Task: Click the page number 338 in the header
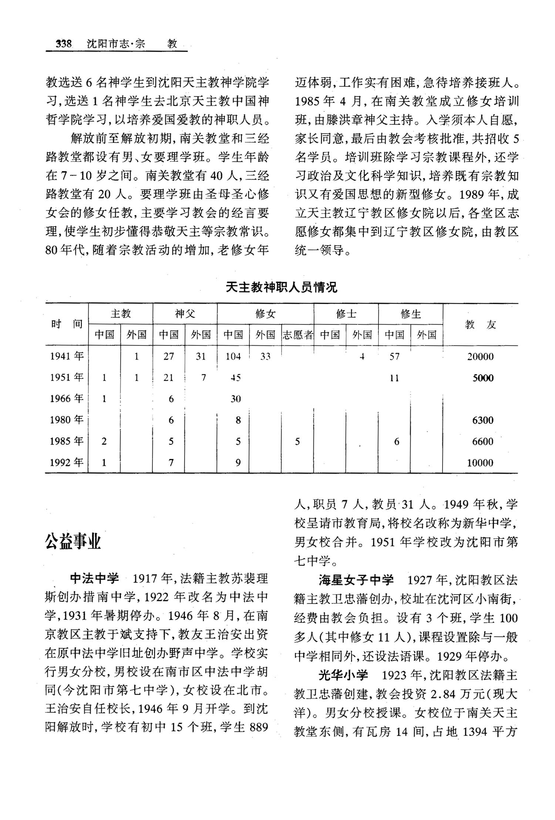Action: (x=64, y=44)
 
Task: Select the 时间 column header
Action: (x=67, y=324)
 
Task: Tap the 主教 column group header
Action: (x=121, y=314)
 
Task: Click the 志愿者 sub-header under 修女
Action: (x=297, y=335)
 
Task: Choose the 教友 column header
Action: (x=480, y=325)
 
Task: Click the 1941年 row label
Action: (x=67, y=356)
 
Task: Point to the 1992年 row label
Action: (x=67, y=462)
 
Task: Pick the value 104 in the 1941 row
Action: (x=233, y=357)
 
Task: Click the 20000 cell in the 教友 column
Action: (x=480, y=357)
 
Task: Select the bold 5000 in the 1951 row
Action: (x=483, y=378)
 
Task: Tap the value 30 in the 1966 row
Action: (x=236, y=399)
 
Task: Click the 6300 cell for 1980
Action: (x=483, y=420)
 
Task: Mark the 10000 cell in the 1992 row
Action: (x=480, y=463)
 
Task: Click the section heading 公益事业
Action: (x=73, y=542)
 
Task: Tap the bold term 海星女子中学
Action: (x=356, y=580)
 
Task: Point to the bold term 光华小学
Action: (x=343, y=675)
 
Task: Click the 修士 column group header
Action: (x=346, y=314)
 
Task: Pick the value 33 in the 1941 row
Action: (x=265, y=357)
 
